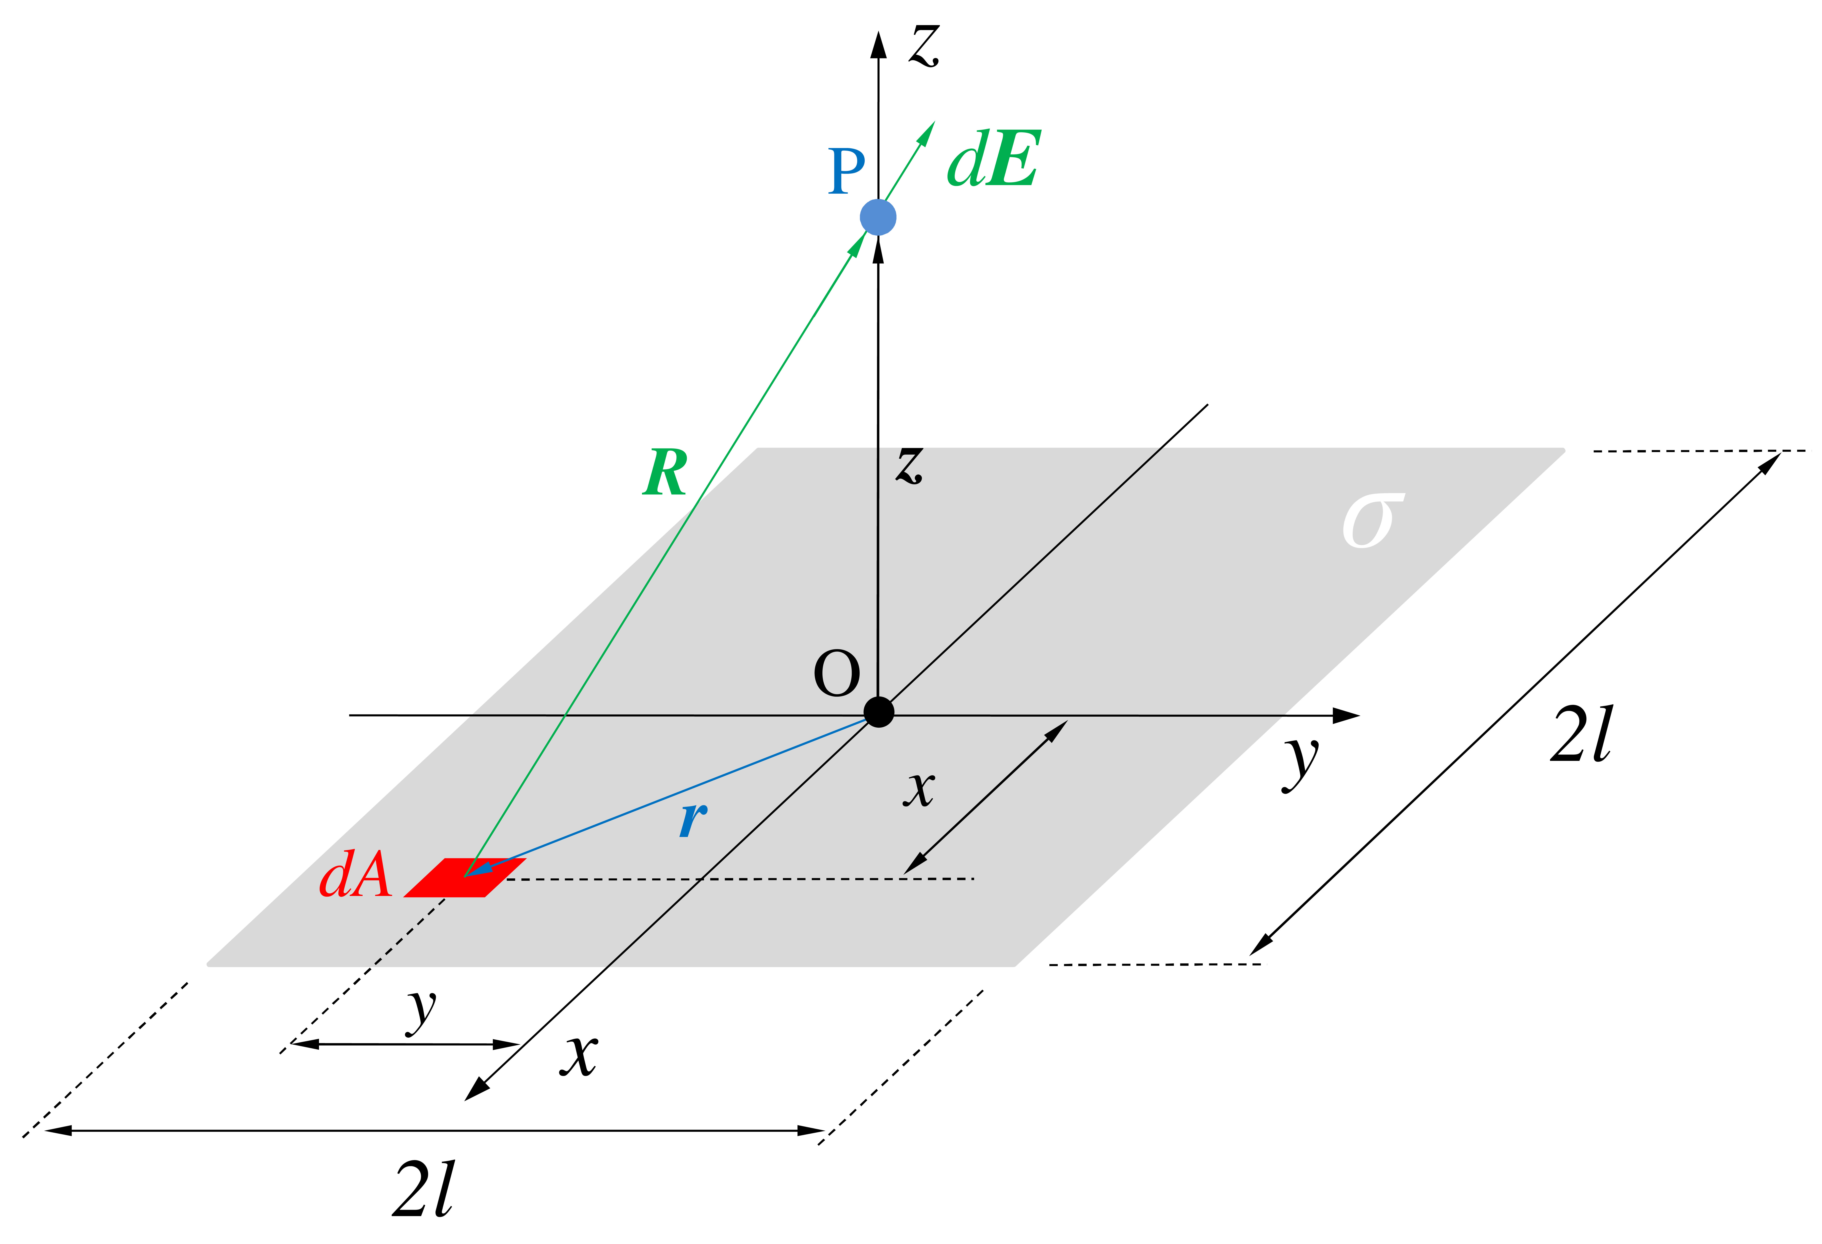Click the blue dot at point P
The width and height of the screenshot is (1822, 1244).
click(x=878, y=217)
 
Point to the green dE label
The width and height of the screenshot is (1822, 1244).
click(x=993, y=159)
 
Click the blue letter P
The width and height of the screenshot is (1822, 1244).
click(x=847, y=171)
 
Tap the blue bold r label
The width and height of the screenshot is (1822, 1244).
click(x=694, y=820)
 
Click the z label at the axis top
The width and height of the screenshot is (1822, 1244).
click(x=925, y=45)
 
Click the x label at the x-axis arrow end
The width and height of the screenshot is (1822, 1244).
click(x=579, y=1056)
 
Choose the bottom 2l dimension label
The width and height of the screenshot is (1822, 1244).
click(x=423, y=1188)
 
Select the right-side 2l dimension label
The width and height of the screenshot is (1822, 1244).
click(x=1582, y=733)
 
